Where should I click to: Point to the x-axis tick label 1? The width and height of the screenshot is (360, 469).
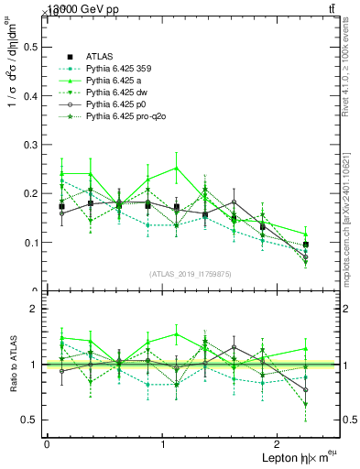coord(163,444)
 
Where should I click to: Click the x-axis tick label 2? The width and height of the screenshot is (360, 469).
coord(278,444)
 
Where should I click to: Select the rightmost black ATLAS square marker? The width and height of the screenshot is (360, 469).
coord(306,245)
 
